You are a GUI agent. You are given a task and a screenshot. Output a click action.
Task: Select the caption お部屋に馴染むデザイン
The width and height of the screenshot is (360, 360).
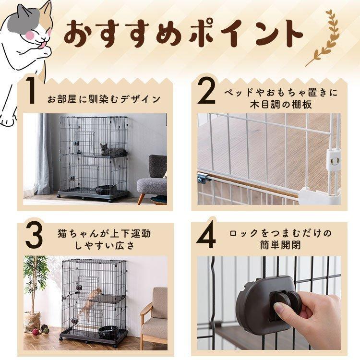(x=104, y=99)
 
